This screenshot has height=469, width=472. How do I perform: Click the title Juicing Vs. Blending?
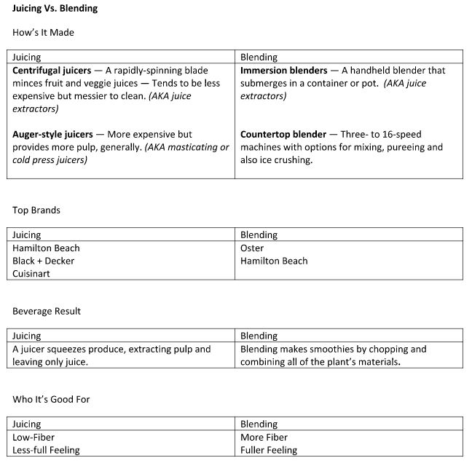click(x=55, y=9)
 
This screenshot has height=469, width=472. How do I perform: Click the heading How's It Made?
click(x=43, y=33)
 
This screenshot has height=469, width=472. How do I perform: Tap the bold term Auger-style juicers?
click(x=52, y=135)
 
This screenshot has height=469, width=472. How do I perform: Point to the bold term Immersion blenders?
click(x=284, y=71)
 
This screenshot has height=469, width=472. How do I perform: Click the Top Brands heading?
click(x=36, y=210)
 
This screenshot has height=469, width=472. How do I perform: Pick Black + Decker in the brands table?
click(x=43, y=261)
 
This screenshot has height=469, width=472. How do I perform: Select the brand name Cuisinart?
click(x=34, y=274)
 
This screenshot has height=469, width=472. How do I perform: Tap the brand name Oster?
click(x=252, y=248)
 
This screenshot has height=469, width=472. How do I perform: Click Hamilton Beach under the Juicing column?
click(x=46, y=248)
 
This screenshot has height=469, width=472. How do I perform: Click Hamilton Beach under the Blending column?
click(x=274, y=261)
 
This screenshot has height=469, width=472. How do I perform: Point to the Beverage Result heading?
click(x=47, y=311)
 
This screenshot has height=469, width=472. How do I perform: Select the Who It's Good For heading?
click(x=51, y=399)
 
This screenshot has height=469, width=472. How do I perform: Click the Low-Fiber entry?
click(x=34, y=438)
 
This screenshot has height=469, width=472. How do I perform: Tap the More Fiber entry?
click(x=264, y=438)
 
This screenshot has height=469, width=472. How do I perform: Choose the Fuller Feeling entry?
click(x=269, y=450)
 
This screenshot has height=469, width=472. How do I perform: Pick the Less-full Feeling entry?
click(x=46, y=450)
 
